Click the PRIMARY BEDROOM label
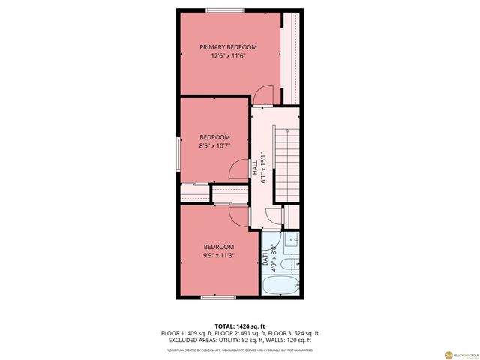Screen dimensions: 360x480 228,47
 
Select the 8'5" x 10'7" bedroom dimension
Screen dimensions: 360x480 214,147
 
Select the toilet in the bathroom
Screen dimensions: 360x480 294,263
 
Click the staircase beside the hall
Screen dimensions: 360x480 286,162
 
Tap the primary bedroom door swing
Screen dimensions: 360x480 264,95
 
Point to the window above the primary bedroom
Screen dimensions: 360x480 227,10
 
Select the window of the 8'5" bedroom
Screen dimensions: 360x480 178,155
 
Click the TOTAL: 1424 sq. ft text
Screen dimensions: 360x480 239,326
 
